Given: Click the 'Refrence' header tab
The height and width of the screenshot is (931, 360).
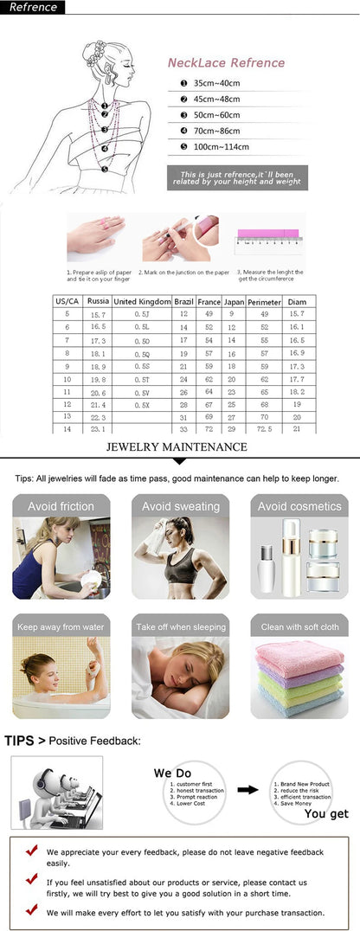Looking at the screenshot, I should point(33,8).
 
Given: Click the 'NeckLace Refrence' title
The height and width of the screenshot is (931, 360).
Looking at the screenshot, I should point(226,63).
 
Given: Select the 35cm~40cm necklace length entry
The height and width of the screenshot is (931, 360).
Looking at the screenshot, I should point(216,83).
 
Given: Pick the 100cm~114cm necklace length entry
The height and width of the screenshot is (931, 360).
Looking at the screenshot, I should point(220,146).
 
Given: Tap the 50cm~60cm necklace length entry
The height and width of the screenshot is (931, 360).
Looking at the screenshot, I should point(216,115).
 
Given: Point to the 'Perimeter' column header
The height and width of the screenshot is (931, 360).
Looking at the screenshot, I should point(264,301).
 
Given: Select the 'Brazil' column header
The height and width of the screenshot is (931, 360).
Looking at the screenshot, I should point(183,301).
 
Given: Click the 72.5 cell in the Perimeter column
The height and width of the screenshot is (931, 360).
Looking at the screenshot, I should point(264,429).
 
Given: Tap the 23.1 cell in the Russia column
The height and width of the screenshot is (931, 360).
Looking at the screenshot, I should point(98,429).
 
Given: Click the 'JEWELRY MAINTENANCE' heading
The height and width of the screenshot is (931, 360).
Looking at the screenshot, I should point(177,447).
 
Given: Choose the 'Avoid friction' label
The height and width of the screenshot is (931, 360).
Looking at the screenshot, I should point(61,506).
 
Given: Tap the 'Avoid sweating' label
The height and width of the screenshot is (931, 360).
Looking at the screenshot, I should point(180,506).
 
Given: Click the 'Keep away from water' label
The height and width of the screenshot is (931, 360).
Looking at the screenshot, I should point(61,626).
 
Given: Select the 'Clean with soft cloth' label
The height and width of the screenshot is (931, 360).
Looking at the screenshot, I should point(299,626).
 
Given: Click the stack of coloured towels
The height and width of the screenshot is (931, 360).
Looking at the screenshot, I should point(299,678).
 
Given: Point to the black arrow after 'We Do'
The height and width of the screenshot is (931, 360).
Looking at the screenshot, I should point(247,789).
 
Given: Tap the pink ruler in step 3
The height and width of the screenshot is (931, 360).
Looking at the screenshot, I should point(267,234).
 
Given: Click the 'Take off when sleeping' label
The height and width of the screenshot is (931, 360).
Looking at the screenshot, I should point(180,626).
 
